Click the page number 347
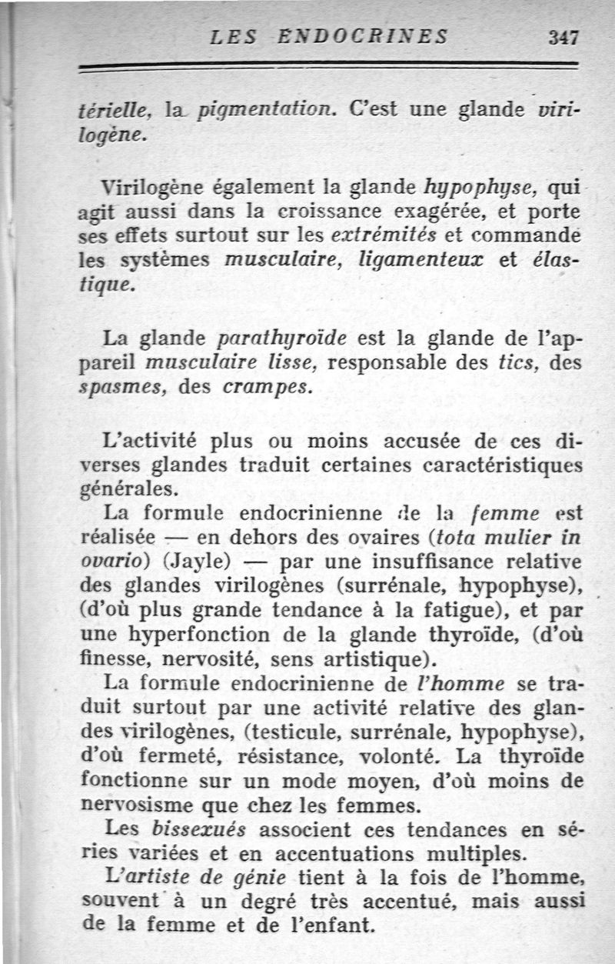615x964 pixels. [x=563, y=36]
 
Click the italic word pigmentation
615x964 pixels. [x=263, y=110]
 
